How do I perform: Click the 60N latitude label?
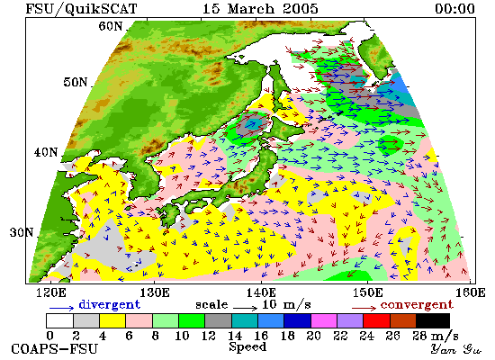(x=110, y=26)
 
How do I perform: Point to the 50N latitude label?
(x=75, y=82)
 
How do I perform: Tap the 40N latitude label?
(x=46, y=152)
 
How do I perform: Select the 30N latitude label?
(x=22, y=233)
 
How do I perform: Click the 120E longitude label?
(x=51, y=292)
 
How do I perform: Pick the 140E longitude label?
(x=261, y=292)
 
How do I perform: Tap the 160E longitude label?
(x=471, y=292)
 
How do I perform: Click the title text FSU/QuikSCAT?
(x=81, y=8)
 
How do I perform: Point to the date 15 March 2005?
(x=260, y=8)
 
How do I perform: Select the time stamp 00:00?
(x=454, y=8)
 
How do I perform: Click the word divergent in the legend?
(x=109, y=304)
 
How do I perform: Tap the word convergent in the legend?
(x=417, y=305)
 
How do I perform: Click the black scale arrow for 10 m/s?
(x=246, y=307)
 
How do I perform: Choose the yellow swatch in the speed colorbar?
(x=112, y=320)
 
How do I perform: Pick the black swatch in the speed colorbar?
(x=433, y=320)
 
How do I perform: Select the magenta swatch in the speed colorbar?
(x=324, y=320)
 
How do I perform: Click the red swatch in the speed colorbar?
(x=376, y=320)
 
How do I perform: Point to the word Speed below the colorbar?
(x=247, y=347)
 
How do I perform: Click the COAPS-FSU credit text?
(x=54, y=349)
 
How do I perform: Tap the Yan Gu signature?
(x=456, y=349)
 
